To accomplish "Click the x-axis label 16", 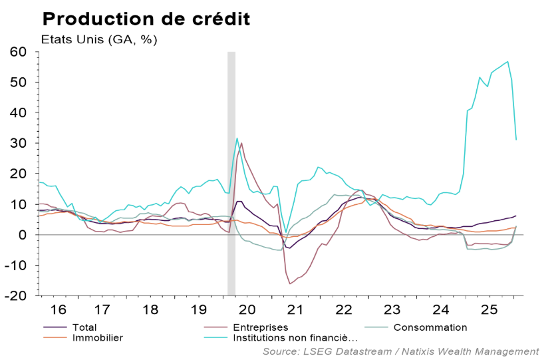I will [x=59, y=309].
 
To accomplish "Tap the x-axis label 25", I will [x=487, y=309].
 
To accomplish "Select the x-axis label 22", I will [x=344, y=309].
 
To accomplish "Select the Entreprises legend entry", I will [x=260, y=327].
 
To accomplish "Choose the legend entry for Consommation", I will [x=430, y=327].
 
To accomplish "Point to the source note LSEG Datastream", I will [x=400, y=351].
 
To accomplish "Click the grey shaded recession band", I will [x=231, y=173].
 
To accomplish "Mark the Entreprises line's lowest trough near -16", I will [x=290, y=284].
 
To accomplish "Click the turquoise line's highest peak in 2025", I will [x=508, y=62].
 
